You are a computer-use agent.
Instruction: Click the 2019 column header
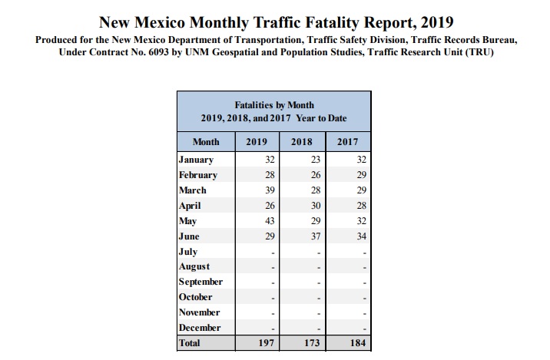[x=256, y=142]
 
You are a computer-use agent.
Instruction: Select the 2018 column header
[x=301, y=142]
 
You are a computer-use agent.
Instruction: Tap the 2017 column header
[x=348, y=142]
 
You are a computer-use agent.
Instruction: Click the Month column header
[x=205, y=142]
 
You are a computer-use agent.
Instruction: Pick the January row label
[x=196, y=160]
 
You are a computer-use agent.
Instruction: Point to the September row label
[x=200, y=282]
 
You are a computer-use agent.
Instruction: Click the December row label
[x=200, y=328]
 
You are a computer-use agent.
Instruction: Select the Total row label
[x=189, y=343]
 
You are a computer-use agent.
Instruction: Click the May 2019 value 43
[x=270, y=221]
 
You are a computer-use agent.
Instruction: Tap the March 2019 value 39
[x=270, y=190]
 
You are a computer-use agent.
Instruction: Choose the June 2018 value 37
[x=315, y=236]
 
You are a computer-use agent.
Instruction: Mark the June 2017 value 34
[x=362, y=236]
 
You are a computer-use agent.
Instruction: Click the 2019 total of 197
[x=267, y=343]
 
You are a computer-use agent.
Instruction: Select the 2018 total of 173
[x=312, y=343]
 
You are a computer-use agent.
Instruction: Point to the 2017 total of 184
[x=359, y=343]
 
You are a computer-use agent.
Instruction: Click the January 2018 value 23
[x=315, y=160]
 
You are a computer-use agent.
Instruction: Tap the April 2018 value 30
[x=315, y=206]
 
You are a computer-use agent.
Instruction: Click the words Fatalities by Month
[x=274, y=104]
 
